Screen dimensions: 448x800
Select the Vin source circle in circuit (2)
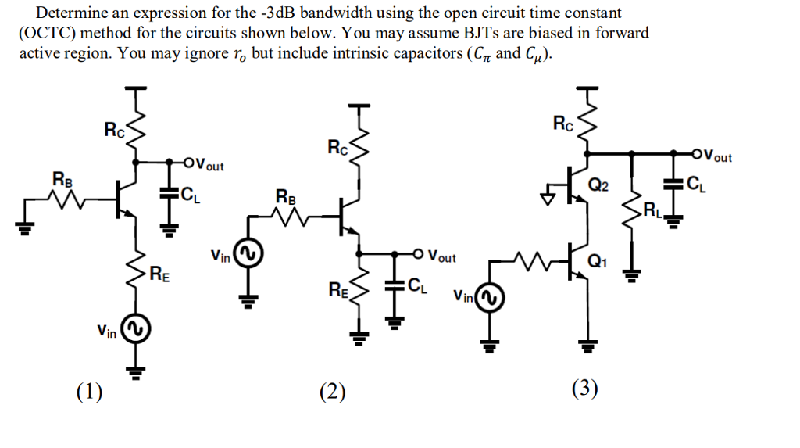point(250,255)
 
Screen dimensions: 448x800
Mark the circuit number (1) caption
point(89,391)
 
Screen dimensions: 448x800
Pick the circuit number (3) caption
point(584,389)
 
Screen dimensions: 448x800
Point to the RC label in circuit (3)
point(562,123)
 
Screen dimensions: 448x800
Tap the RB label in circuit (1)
point(62,179)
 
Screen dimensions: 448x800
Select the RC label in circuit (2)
point(338,147)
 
